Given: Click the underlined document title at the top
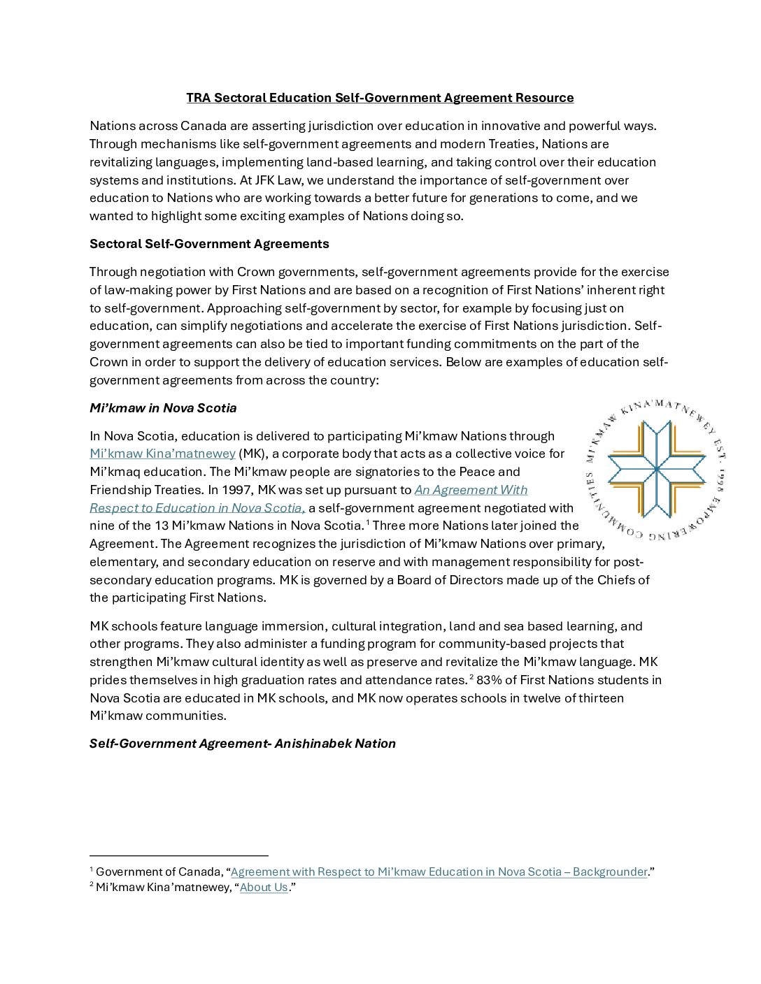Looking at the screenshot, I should pos(380,98).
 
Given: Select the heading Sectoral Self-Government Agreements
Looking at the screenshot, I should pos(209,244).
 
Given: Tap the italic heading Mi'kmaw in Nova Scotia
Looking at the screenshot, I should pos(163,408).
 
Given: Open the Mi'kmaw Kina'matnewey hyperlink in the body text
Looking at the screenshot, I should pos(162,454).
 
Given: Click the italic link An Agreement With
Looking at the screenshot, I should pos(471,490).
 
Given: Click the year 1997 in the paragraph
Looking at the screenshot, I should pos(238,490).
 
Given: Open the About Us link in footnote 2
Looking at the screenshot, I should pos(264,888).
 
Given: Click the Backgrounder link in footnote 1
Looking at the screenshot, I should pos(439,872).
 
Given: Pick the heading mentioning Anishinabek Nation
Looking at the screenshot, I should pos(243,744).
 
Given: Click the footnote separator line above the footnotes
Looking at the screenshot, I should pos(179,855).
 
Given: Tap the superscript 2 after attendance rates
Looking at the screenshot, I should pos(472,677).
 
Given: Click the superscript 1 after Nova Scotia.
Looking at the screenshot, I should pos(368,523).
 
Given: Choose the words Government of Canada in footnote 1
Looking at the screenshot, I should pos(157,872).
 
